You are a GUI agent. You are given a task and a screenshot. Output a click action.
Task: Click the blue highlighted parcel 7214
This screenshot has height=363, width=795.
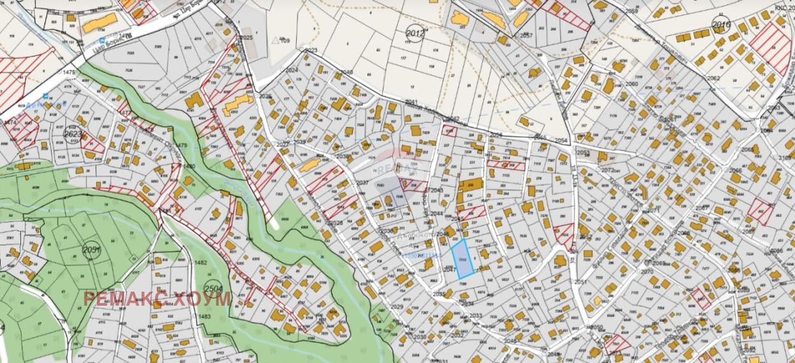(462, 260)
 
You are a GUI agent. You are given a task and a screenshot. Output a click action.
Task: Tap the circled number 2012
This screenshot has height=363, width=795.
(415, 32)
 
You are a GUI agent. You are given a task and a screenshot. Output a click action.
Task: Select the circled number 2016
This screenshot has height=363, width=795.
(721, 25)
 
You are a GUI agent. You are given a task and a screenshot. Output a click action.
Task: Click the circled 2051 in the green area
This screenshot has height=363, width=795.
(91, 250)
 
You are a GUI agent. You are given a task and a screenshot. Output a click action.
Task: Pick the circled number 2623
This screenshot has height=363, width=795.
(73, 134)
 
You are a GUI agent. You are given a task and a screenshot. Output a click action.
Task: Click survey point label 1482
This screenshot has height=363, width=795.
(201, 262)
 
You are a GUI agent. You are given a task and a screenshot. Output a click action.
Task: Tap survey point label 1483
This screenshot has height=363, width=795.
(203, 317)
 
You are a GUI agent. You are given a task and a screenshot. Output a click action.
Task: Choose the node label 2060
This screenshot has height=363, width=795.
(631, 84)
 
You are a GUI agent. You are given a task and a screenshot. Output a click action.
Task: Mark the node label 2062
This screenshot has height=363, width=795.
(713, 78)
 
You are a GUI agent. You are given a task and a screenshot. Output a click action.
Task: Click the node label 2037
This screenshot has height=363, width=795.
(362, 183)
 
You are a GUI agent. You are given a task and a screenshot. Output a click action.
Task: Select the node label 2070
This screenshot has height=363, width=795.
(647, 272)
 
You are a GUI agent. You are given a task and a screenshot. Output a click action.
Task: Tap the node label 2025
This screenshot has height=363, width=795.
(247, 38)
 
